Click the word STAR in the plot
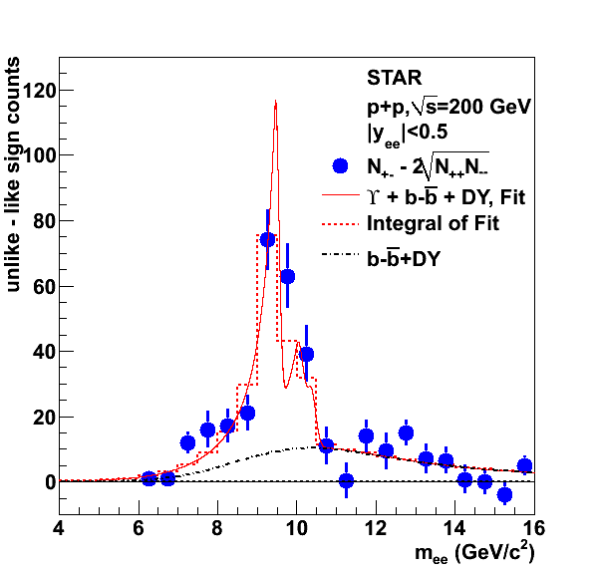click(x=394, y=78)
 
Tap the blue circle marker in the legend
click(x=340, y=165)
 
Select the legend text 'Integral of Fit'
click(x=433, y=223)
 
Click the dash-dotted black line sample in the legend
click(x=340, y=254)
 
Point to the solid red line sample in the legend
click(x=340, y=195)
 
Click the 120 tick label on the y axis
click(x=39, y=91)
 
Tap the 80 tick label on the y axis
click(x=44, y=221)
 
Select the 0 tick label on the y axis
click(x=50, y=482)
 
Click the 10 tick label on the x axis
click(x=296, y=528)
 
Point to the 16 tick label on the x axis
click(x=534, y=528)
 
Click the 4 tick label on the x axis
click(x=59, y=528)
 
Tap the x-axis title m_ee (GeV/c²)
click(x=474, y=553)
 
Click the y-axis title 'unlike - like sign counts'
click(x=13, y=174)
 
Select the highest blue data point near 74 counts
click(x=267, y=239)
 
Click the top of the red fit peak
click(x=275, y=101)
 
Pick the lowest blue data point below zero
click(x=504, y=494)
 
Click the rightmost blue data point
click(x=524, y=465)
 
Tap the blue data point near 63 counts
click(x=287, y=276)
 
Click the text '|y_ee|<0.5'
click(x=408, y=134)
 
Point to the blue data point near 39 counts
click(x=307, y=354)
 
